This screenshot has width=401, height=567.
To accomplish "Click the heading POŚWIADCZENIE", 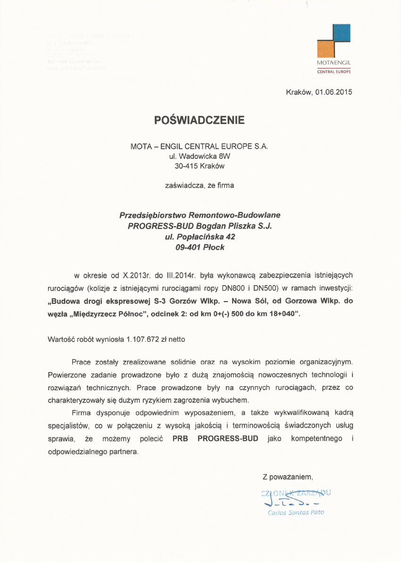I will pos(200,120).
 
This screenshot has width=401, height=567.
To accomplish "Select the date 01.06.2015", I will pos(334,92).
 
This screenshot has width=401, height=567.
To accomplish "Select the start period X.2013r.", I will pos(135,275).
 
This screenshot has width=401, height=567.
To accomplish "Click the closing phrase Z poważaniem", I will pos(288,477).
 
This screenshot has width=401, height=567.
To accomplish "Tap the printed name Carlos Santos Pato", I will pos(296,512).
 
